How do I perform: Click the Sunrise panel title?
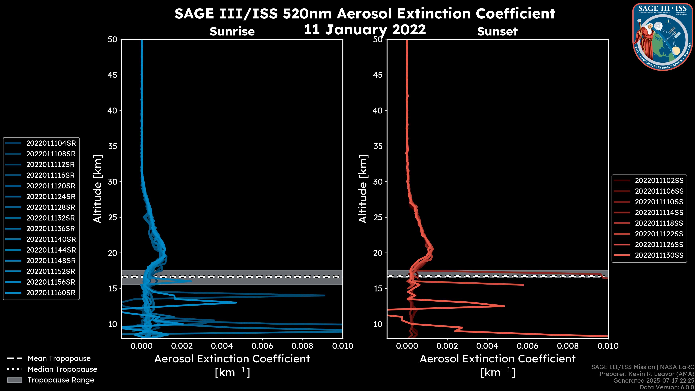pyautogui.click(x=232, y=31)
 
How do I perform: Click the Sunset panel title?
pyautogui.click(x=497, y=31)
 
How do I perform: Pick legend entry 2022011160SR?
pyautogui.click(x=51, y=293)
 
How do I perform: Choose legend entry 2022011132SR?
pyautogui.click(x=51, y=218)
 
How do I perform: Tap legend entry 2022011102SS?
pyautogui.click(x=659, y=180)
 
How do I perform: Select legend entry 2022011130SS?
pyautogui.click(x=659, y=255)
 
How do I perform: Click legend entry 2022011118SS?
pyautogui.click(x=659, y=223)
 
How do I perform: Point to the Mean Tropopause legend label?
pyautogui.click(x=59, y=359)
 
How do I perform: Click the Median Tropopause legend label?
pyautogui.click(x=62, y=369)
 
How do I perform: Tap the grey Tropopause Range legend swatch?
pyautogui.click(x=14, y=380)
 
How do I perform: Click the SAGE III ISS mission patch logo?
pyautogui.click(x=663, y=37)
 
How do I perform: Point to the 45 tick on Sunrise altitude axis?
pyautogui.click(x=113, y=75)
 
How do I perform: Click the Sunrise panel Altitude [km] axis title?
pyautogui.click(x=98, y=189)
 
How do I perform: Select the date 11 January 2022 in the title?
pyautogui.click(x=365, y=30)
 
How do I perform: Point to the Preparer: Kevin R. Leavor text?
pyautogui.click(x=647, y=374)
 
